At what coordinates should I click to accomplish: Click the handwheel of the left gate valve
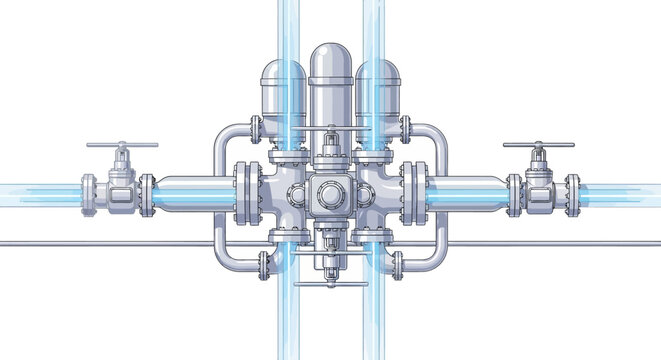[x=121, y=146]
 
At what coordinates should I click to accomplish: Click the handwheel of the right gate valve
[x=539, y=146]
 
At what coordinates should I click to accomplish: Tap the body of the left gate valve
[x=120, y=189]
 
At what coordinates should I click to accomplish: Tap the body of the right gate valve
[x=540, y=189]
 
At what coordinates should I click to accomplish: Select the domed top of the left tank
[x=283, y=74]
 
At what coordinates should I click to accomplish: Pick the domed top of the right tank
[x=378, y=74]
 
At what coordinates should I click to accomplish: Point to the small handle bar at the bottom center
[x=330, y=286]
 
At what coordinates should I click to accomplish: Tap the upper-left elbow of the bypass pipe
[x=221, y=134]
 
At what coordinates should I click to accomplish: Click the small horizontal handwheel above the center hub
[x=330, y=130]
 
